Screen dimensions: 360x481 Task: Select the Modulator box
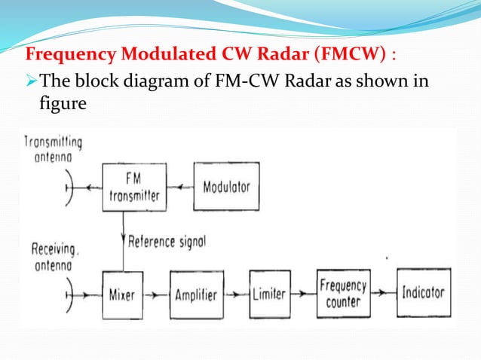227,187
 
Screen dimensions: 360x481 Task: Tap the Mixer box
123,293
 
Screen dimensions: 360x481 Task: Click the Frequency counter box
344,293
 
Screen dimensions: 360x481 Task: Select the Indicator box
423,292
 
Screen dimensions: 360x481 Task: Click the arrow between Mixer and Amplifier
157,294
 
